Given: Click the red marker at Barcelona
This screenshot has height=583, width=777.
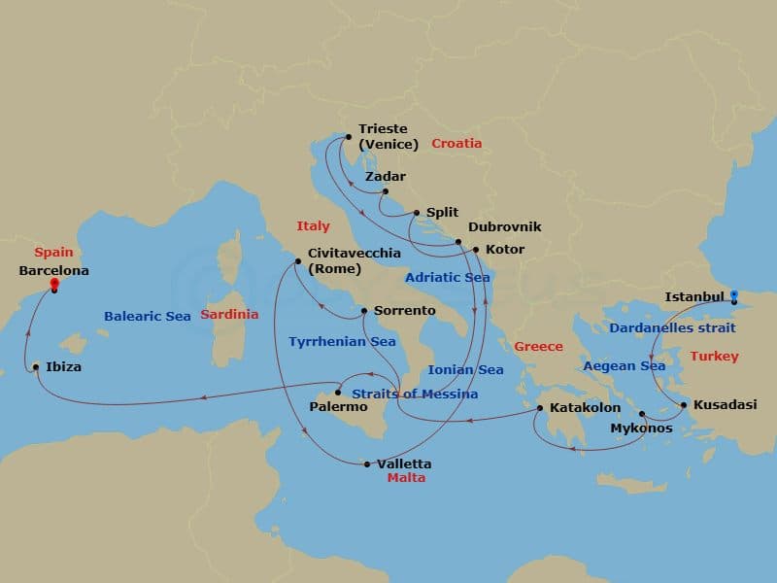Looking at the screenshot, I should click(x=55, y=285).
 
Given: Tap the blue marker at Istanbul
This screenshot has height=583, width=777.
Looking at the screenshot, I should click(x=734, y=295).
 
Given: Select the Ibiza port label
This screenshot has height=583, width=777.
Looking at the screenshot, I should click(x=63, y=367).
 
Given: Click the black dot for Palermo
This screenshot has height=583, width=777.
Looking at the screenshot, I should click(x=337, y=393).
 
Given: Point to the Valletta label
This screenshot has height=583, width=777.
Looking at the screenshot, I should click(x=404, y=464).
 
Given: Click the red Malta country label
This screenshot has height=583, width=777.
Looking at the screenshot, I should click(x=406, y=478).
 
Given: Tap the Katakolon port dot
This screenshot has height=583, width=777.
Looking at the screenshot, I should click(x=539, y=408).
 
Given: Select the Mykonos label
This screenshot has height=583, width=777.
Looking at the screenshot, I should click(x=640, y=428).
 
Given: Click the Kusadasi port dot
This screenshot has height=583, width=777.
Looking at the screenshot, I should click(x=684, y=404).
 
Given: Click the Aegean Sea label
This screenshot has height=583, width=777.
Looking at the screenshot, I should click(x=625, y=366).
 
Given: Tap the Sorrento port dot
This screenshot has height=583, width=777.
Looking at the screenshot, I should click(x=363, y=311).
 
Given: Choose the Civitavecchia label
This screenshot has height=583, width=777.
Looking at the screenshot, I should click(x=354, y=253).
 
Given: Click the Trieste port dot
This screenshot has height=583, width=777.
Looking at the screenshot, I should click(x=348, y=137).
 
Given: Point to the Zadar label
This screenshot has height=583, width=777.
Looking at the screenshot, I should click(x=385, y=177).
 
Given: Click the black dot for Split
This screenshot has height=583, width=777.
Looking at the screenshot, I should click(x=417, y=213).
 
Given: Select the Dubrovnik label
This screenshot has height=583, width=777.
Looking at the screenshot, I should click(x=505, y=226).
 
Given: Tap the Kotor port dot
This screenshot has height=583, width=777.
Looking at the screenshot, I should click(x=476, y=250).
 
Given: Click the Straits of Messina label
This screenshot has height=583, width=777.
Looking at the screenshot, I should click(x=414, y=394).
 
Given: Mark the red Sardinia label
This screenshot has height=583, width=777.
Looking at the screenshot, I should click(x=229, y=315).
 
